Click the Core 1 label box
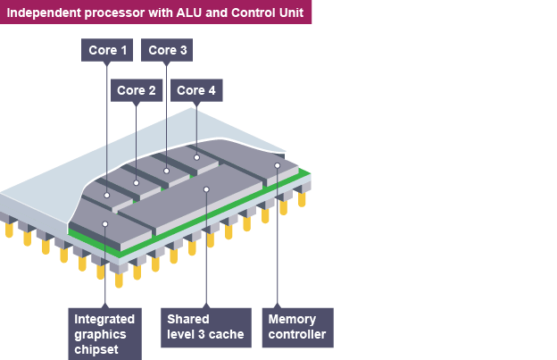(x=107, y=51)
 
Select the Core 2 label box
(x=137, y=90)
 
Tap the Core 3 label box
(x=168, y=51)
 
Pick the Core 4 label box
(x=196, y=90)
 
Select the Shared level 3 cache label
(x=206, y=327)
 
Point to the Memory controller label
(x=297, y=327)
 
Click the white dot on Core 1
(x=106, y=195)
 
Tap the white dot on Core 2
(x=136, y=183)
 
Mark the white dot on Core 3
(x=167, y=170)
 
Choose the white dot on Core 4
(x=196, y=157)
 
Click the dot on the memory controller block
(x=278, y=165)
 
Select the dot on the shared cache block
(x=206, y=188)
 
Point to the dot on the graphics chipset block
(x=105, y=223)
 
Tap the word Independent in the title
(x=44, y=12)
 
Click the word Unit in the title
(x=287, y=12)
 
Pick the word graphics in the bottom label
(x=100, y=334)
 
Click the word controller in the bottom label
(x=297, y=335)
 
